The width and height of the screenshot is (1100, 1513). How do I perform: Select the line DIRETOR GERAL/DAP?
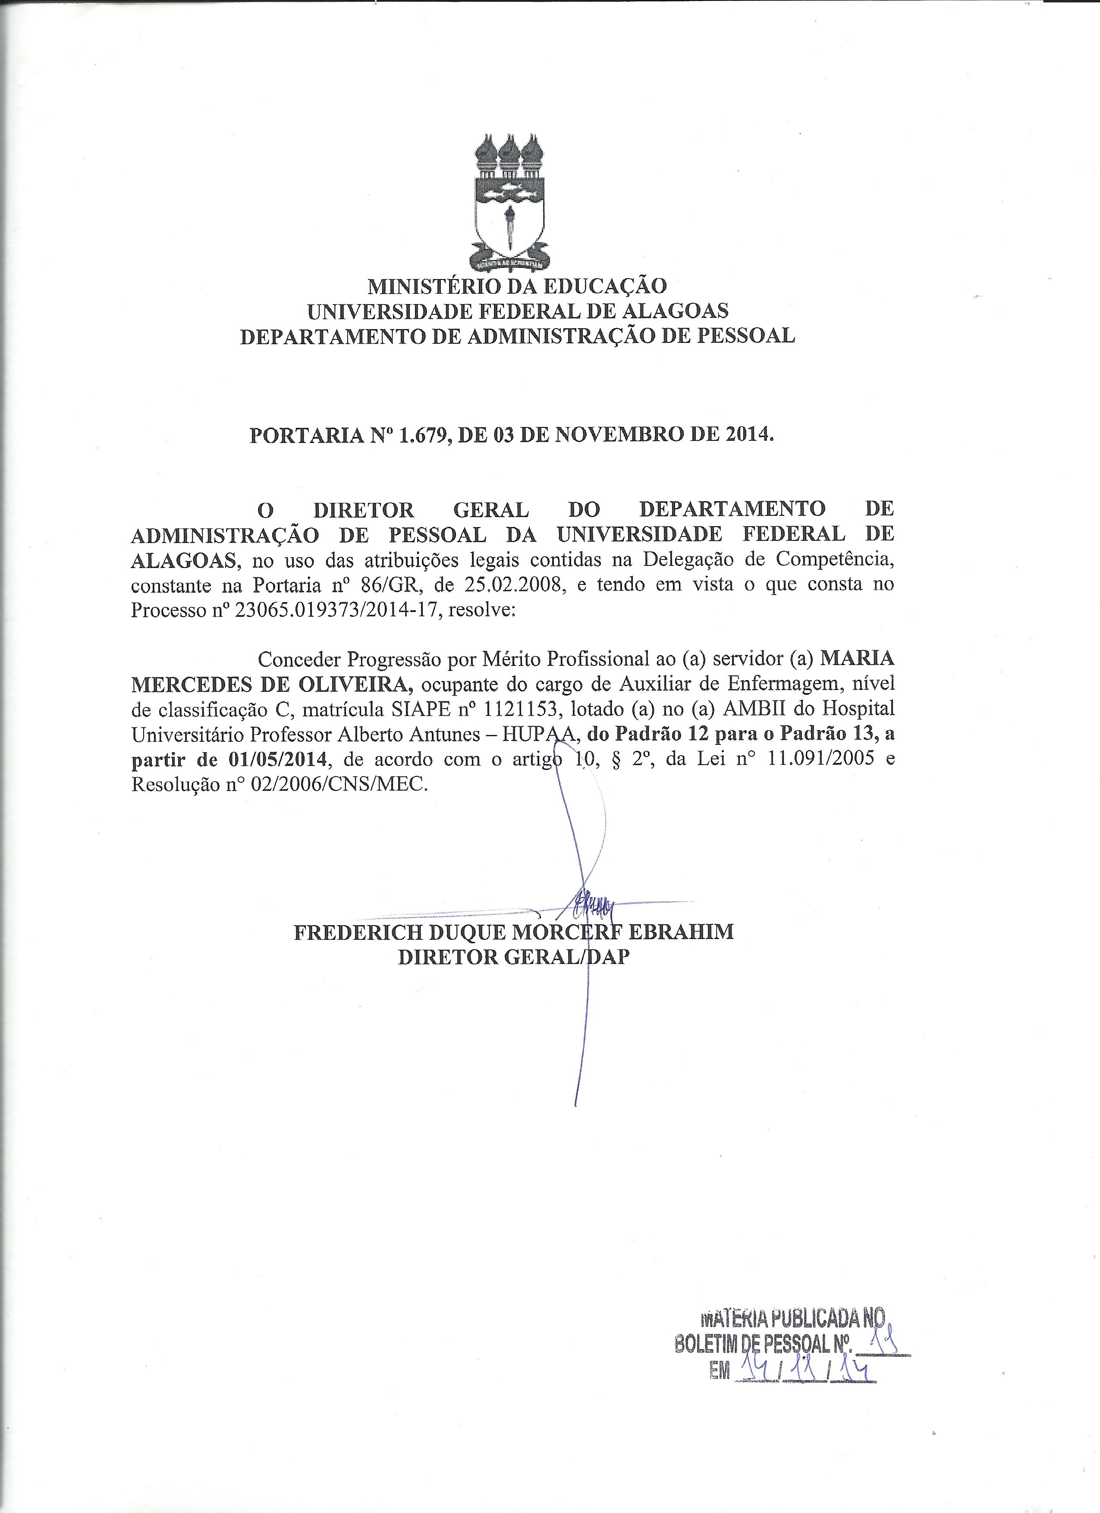514,957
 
